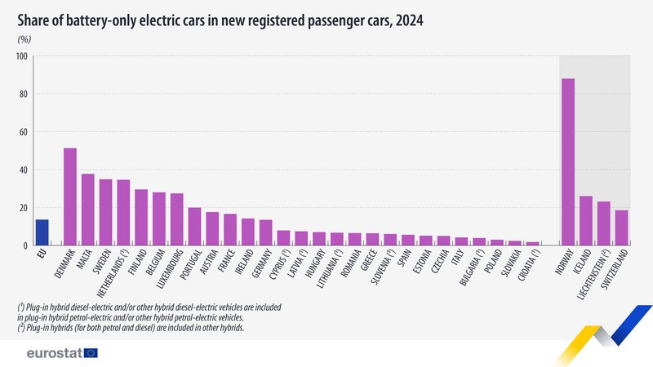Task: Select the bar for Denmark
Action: click(70, 197)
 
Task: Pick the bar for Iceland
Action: click(586, 220)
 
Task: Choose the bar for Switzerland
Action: click(622, 228)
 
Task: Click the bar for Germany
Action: click(265, 232)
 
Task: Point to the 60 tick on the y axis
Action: click(23, 132)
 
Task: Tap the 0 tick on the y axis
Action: click(25, 245)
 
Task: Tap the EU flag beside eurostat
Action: click(91, 352)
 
